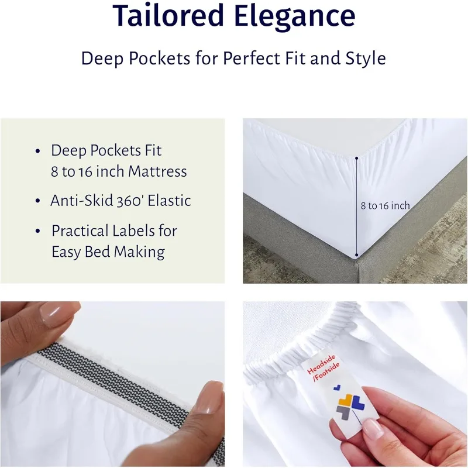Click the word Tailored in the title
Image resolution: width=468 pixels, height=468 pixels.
[168, 15]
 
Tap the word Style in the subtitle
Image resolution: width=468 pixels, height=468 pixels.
[366, 58]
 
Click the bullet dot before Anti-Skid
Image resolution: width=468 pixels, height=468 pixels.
[37, 201]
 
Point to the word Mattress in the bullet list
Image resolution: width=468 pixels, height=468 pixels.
[157, 171]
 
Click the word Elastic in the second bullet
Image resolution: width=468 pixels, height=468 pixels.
[169, 200]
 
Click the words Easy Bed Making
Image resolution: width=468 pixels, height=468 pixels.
[108, 252]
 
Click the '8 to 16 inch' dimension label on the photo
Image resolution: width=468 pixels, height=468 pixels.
[385, 206]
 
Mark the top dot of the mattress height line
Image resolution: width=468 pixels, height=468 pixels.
[356, 158]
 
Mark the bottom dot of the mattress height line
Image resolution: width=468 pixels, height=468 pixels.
[356, 255]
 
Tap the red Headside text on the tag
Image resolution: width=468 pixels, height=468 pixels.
[321, 364]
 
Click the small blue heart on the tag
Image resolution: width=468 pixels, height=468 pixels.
[337, 387]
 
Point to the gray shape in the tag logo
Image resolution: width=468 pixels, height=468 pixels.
[343, 412]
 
